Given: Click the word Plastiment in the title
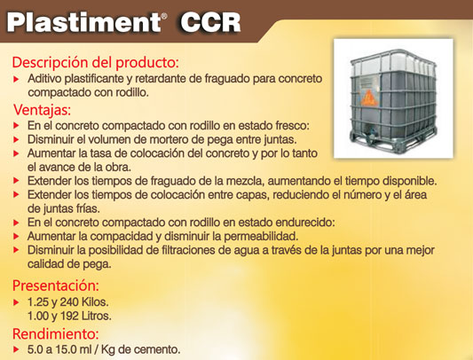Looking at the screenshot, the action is [x=83, y=22].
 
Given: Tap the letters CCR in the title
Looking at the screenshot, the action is [x=210, y=22].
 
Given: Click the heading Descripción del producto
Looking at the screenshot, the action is [x=95, y=62].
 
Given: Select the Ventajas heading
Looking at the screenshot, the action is [x=42, y=110].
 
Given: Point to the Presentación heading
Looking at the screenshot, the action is [x=56, y=286].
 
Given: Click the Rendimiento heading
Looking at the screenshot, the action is [x=56, y=333].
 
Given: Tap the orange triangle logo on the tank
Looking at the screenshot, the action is [x=368, y=98].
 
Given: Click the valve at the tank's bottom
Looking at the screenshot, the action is [x=369, y=132].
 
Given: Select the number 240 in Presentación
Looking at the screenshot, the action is [x=69, y=301].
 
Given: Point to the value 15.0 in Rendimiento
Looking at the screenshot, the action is [x=65, y=349].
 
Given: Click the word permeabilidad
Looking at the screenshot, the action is [x=261, y=237].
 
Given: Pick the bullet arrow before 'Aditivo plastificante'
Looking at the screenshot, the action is [x=16, y=80].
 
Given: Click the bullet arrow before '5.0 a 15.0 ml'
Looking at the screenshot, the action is [x=16, y=349].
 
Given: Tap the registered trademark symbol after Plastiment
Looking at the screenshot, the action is [x=164, y=16].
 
